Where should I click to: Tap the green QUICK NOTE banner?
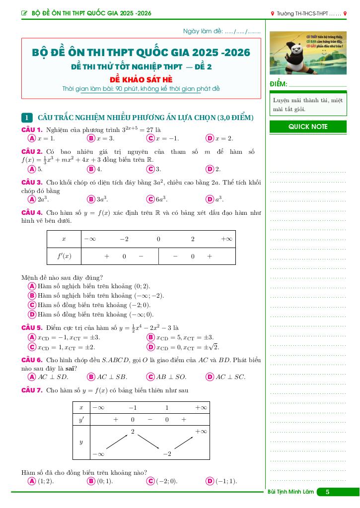pos(308,127)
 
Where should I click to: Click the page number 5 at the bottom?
pos(327,492)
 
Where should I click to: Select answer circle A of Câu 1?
pos(32,138)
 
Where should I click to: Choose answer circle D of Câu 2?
pos(210,169)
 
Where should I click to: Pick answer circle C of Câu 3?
pos(150,199)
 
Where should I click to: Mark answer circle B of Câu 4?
pos(32,296)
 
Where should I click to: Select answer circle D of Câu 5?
pos(150,347)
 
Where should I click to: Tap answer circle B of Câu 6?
pos(91,377)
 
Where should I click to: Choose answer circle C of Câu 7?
pos(150,481)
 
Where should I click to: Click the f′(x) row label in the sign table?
pos(64,256)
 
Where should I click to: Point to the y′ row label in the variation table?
pos(81,419)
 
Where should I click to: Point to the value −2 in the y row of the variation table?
pos(167,454)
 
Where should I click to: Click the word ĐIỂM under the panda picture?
pos(278,84)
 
